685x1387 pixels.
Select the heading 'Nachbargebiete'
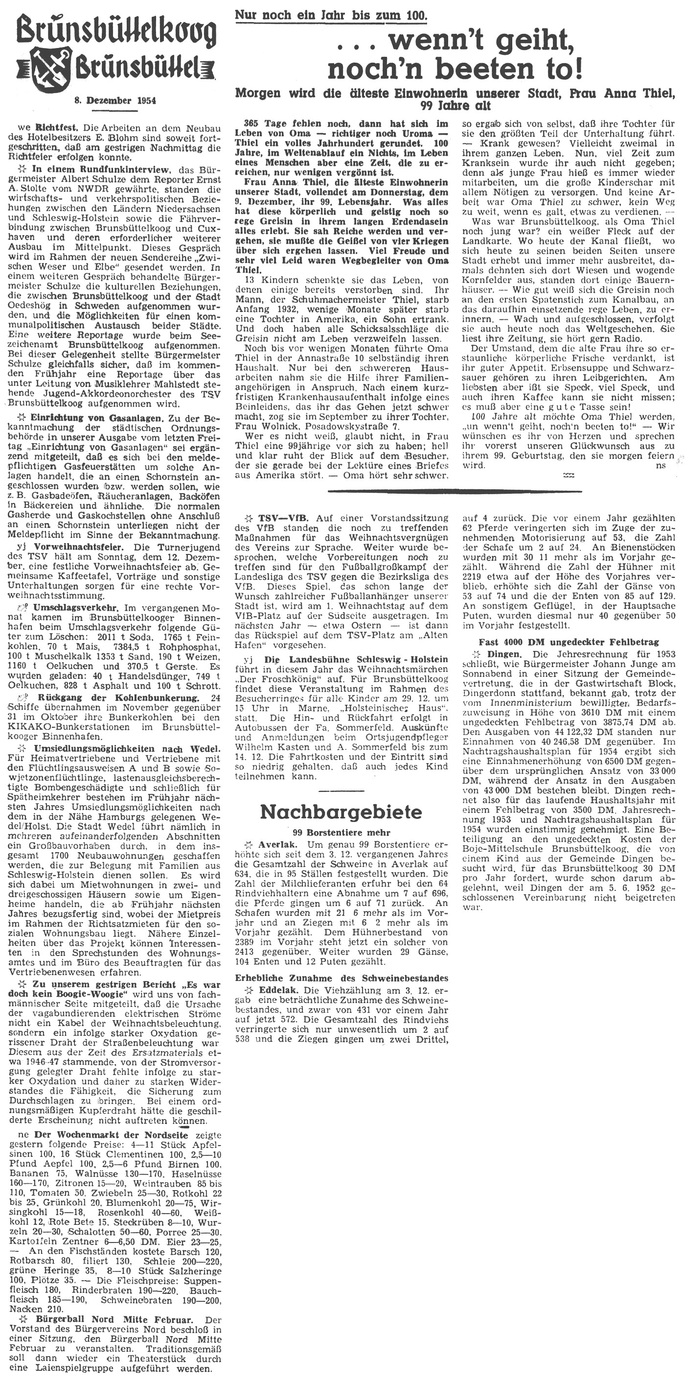tap(341, 812)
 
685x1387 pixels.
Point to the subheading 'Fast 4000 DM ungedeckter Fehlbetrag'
tap(569, 643)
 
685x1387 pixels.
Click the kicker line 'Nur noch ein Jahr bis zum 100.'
tap(331, 15)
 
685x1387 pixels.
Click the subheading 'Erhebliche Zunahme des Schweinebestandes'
tap(342, 978)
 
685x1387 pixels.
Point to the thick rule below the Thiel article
tap(455, 491)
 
